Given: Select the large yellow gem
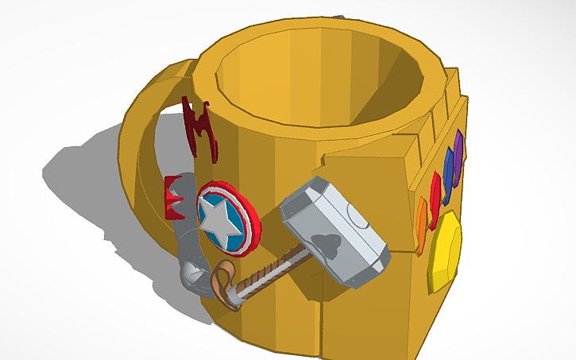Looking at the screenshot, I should (x=445, y=253).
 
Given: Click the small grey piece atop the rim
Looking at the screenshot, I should (x=339, y=15).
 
